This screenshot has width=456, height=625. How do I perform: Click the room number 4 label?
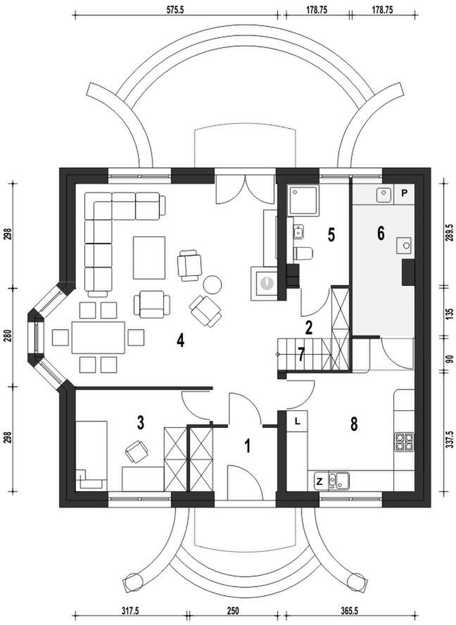pyautogui.click(x=181, y=341)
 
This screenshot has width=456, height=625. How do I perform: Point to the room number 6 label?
pyautogui.click(x=381, y=233)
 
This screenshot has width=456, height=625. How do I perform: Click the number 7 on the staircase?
pyautogui.click(x=301, y=355)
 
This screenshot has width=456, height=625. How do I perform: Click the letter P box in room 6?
pyautogui.click(x=405, y=192)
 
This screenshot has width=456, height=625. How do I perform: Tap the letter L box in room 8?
pyautogui.click(x=298, y=421)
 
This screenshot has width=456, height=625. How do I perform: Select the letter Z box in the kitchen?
pyautogui.click(x=319, y=481)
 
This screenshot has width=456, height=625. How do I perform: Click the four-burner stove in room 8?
pyautogui.click(x=404, y=442)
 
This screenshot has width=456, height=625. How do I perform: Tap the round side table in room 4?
pyautogui.click(x=213, y=284)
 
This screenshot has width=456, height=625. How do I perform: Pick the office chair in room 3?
pyautogui.click(x=135, y=450)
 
